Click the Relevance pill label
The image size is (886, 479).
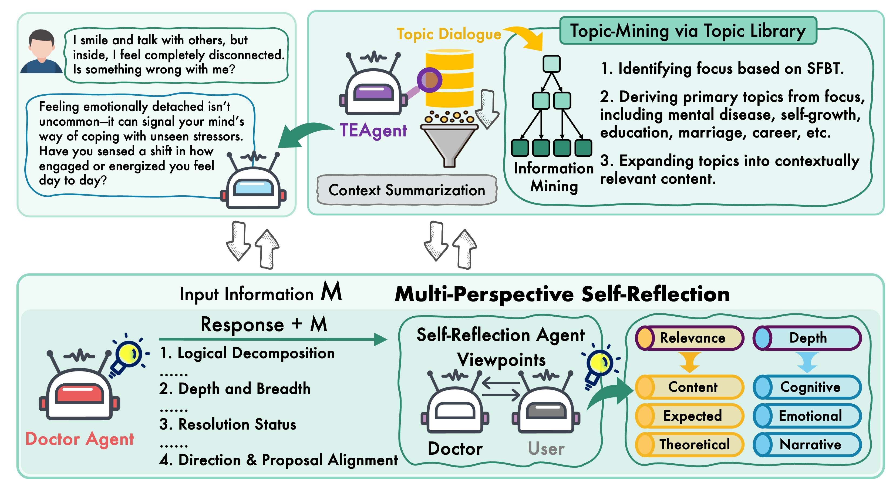click(x=692, y=338)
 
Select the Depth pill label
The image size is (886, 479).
click(x=808, y=338)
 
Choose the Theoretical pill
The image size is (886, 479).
click(x=694, y=444)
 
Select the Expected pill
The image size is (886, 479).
click(x=692, y=416)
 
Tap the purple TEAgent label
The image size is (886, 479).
click(x=373, y=130)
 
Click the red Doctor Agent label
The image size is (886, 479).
click(x=80, y=439)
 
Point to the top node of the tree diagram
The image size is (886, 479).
click(x=551, y=64)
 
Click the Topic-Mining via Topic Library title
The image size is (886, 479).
click(x=688, y=31)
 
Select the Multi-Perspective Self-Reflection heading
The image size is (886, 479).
click(x=562, y=294)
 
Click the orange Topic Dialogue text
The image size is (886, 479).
click(x=449, y=34)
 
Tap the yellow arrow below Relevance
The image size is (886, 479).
click(x=690, y=362)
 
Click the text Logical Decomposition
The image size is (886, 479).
click(x=255, y=353)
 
